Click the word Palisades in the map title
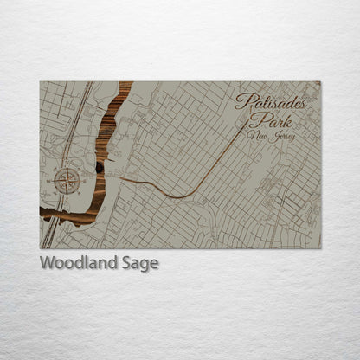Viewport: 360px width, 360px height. tap(270, 101)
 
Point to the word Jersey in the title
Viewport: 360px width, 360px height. tap(282, 137)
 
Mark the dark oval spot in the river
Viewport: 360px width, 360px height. tap(100, 168)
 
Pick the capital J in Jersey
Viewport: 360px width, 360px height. tap(273, 136)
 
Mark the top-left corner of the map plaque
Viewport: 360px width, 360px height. tap(40, 81)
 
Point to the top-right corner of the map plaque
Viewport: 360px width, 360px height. tap(320, 81)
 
